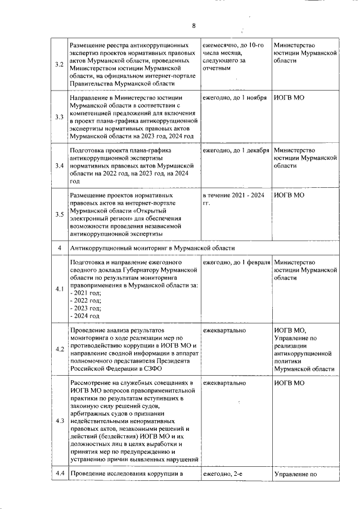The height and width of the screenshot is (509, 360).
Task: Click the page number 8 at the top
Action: (193, 26)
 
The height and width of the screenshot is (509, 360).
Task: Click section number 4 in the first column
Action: (60, 248)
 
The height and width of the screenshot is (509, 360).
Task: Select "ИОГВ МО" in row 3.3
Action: (289, 98)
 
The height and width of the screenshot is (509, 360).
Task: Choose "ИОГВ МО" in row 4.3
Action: (289, 383)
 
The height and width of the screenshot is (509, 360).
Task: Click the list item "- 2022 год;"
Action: (85, 301)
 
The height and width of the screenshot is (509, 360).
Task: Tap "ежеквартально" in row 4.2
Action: (224, 330)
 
